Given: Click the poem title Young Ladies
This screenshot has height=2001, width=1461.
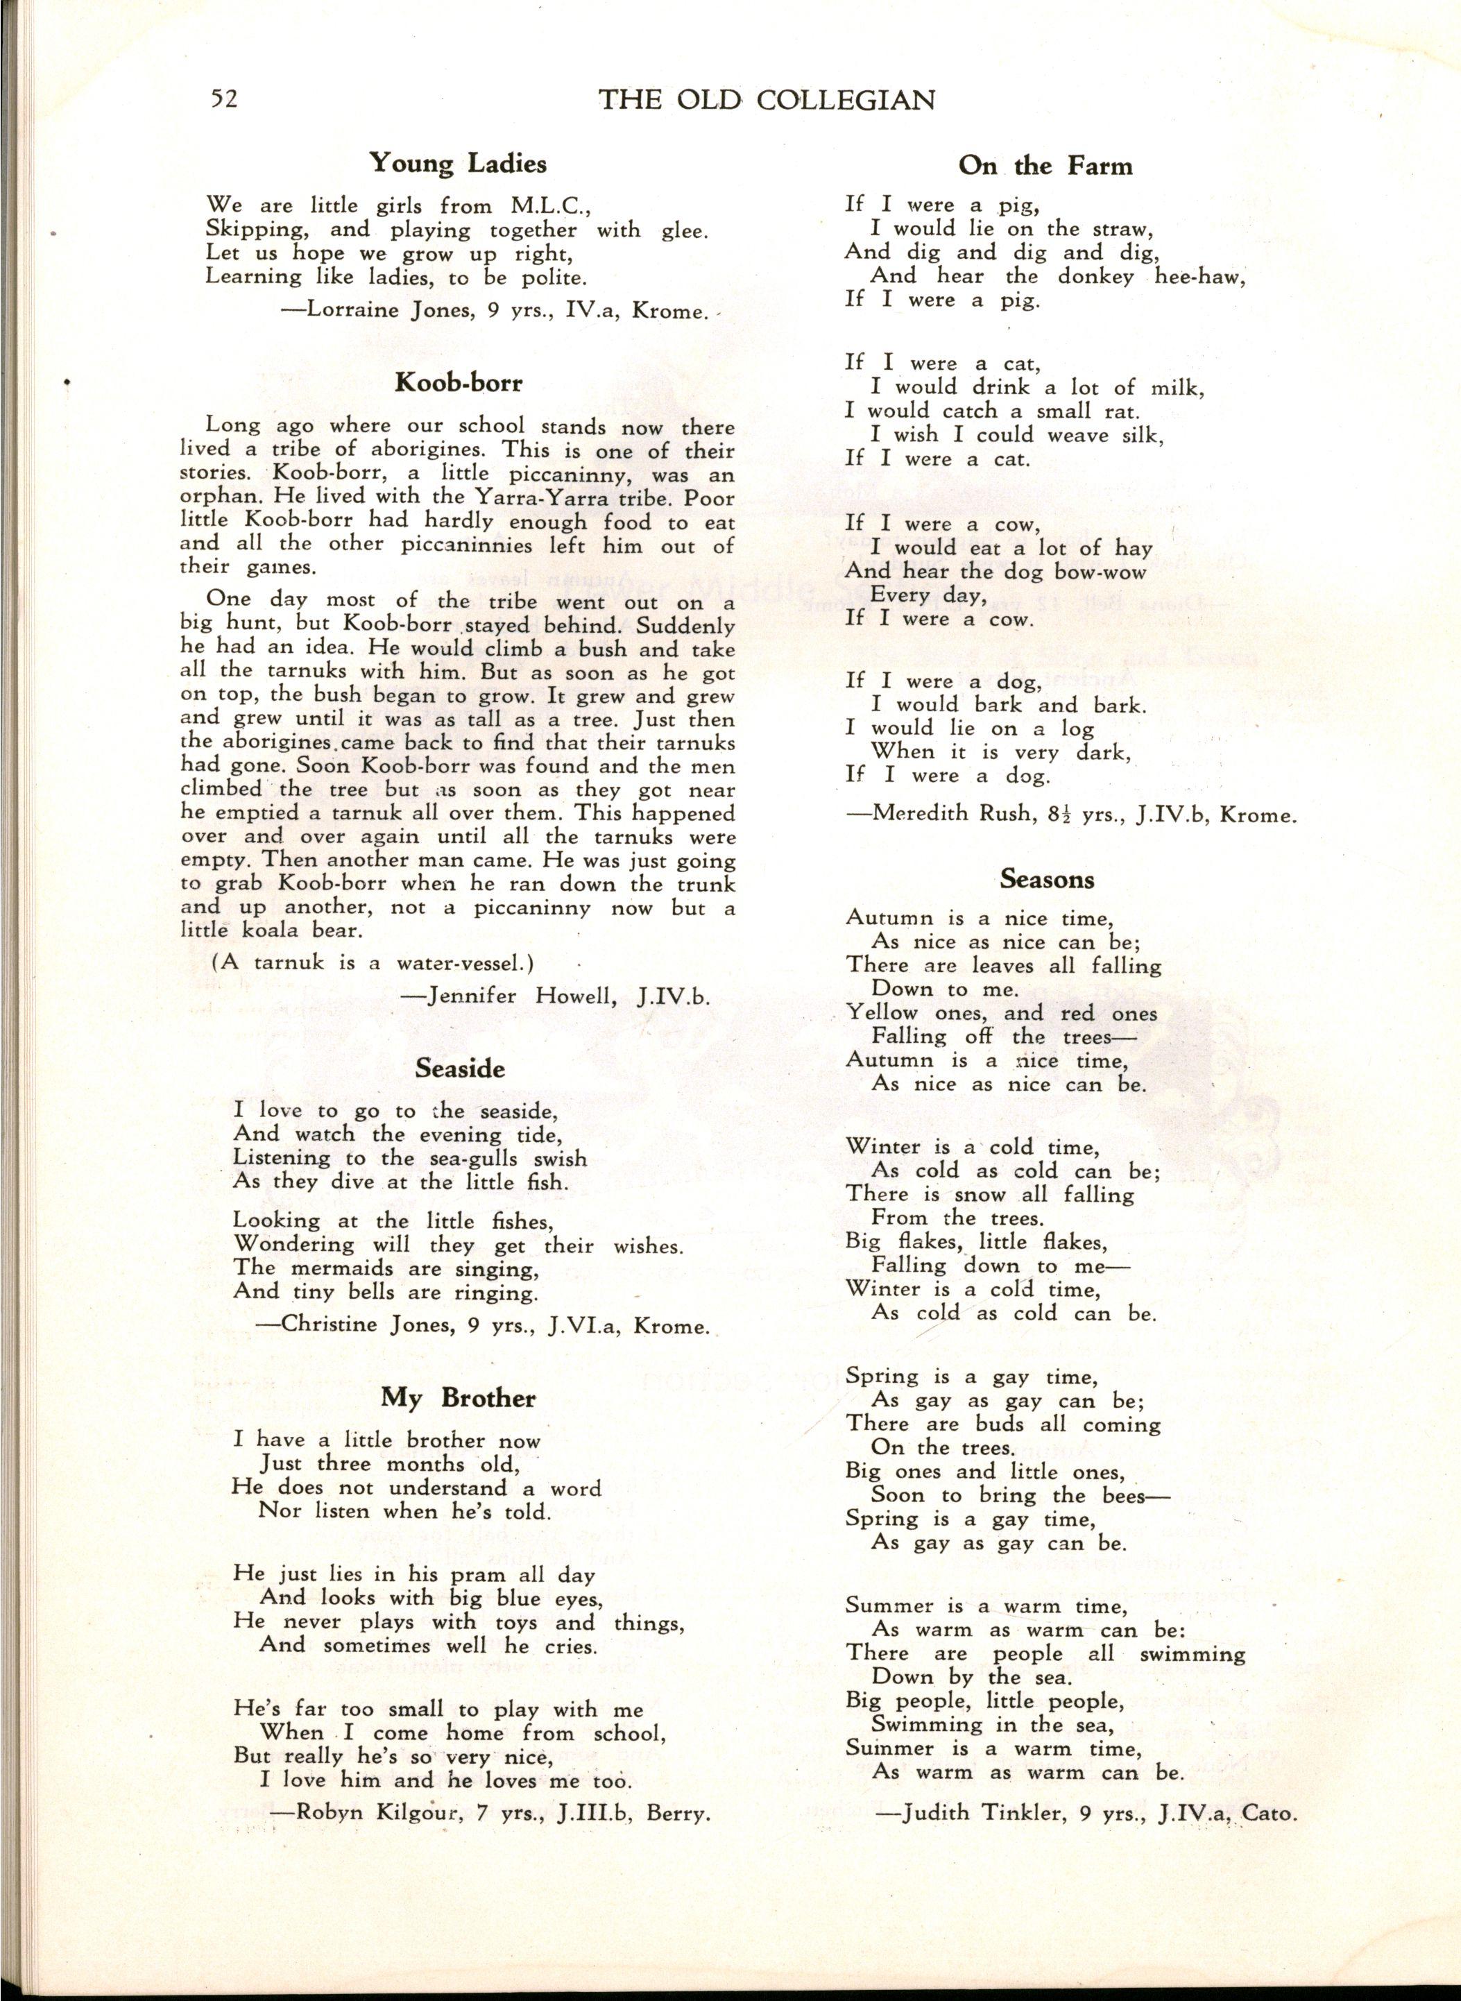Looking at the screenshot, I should [457, 164].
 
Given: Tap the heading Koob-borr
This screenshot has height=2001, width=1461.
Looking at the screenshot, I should [458, 382].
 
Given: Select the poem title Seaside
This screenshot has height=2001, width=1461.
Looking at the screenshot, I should [460, 1068].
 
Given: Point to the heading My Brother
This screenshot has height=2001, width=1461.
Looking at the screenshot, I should [458, 1399].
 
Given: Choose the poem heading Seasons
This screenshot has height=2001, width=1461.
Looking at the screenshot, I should [1047, 878].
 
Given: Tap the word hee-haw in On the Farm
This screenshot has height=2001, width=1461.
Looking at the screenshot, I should [1200, 276].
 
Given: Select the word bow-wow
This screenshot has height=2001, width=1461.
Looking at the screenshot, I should [1121, 572].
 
